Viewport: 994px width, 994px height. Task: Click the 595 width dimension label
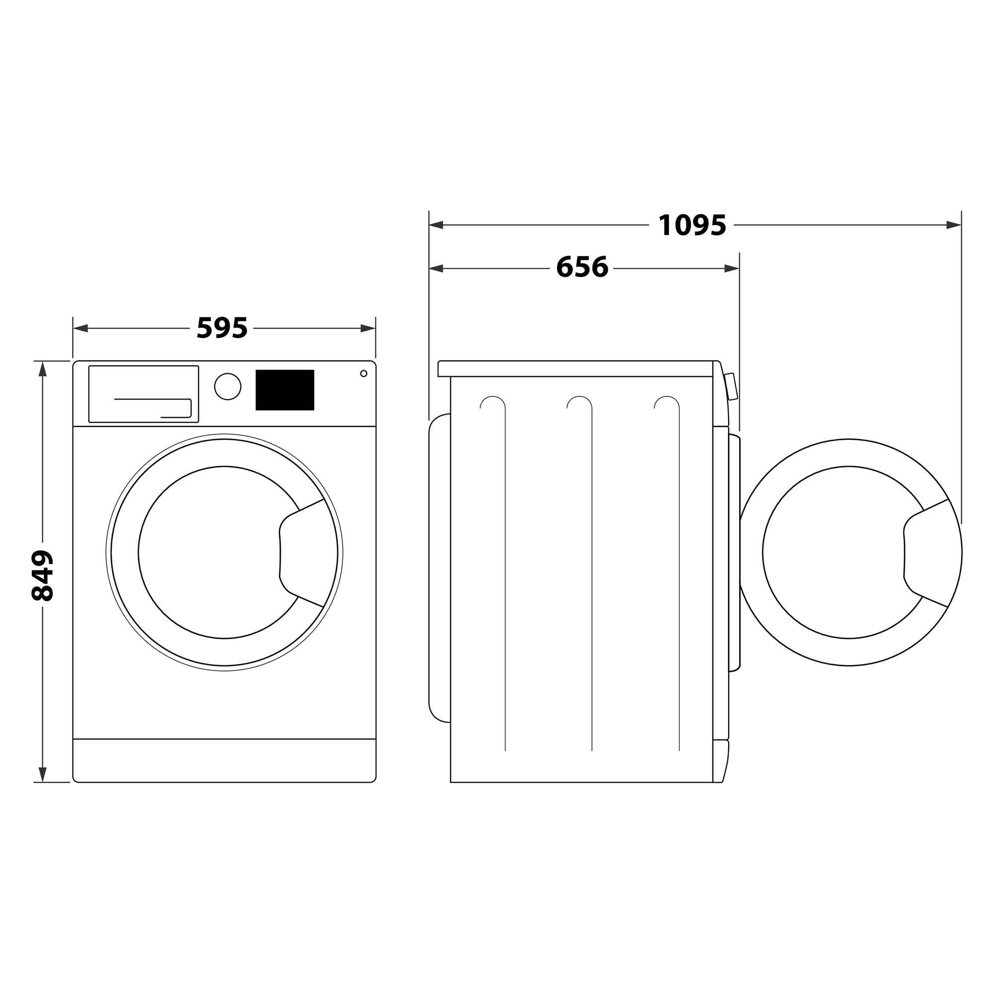tap(222, 328)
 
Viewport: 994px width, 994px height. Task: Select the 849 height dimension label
tap(42, 576)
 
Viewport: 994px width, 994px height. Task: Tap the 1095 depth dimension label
tap(692, 225)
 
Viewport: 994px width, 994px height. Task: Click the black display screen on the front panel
tap(285, 390)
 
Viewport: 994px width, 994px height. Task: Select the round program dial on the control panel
tap(228, 386)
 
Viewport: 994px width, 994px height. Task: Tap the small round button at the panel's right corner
tap(364, 374)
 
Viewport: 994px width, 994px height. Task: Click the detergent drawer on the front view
tap(144, 394)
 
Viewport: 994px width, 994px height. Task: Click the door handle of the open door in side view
tap(926, 553)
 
